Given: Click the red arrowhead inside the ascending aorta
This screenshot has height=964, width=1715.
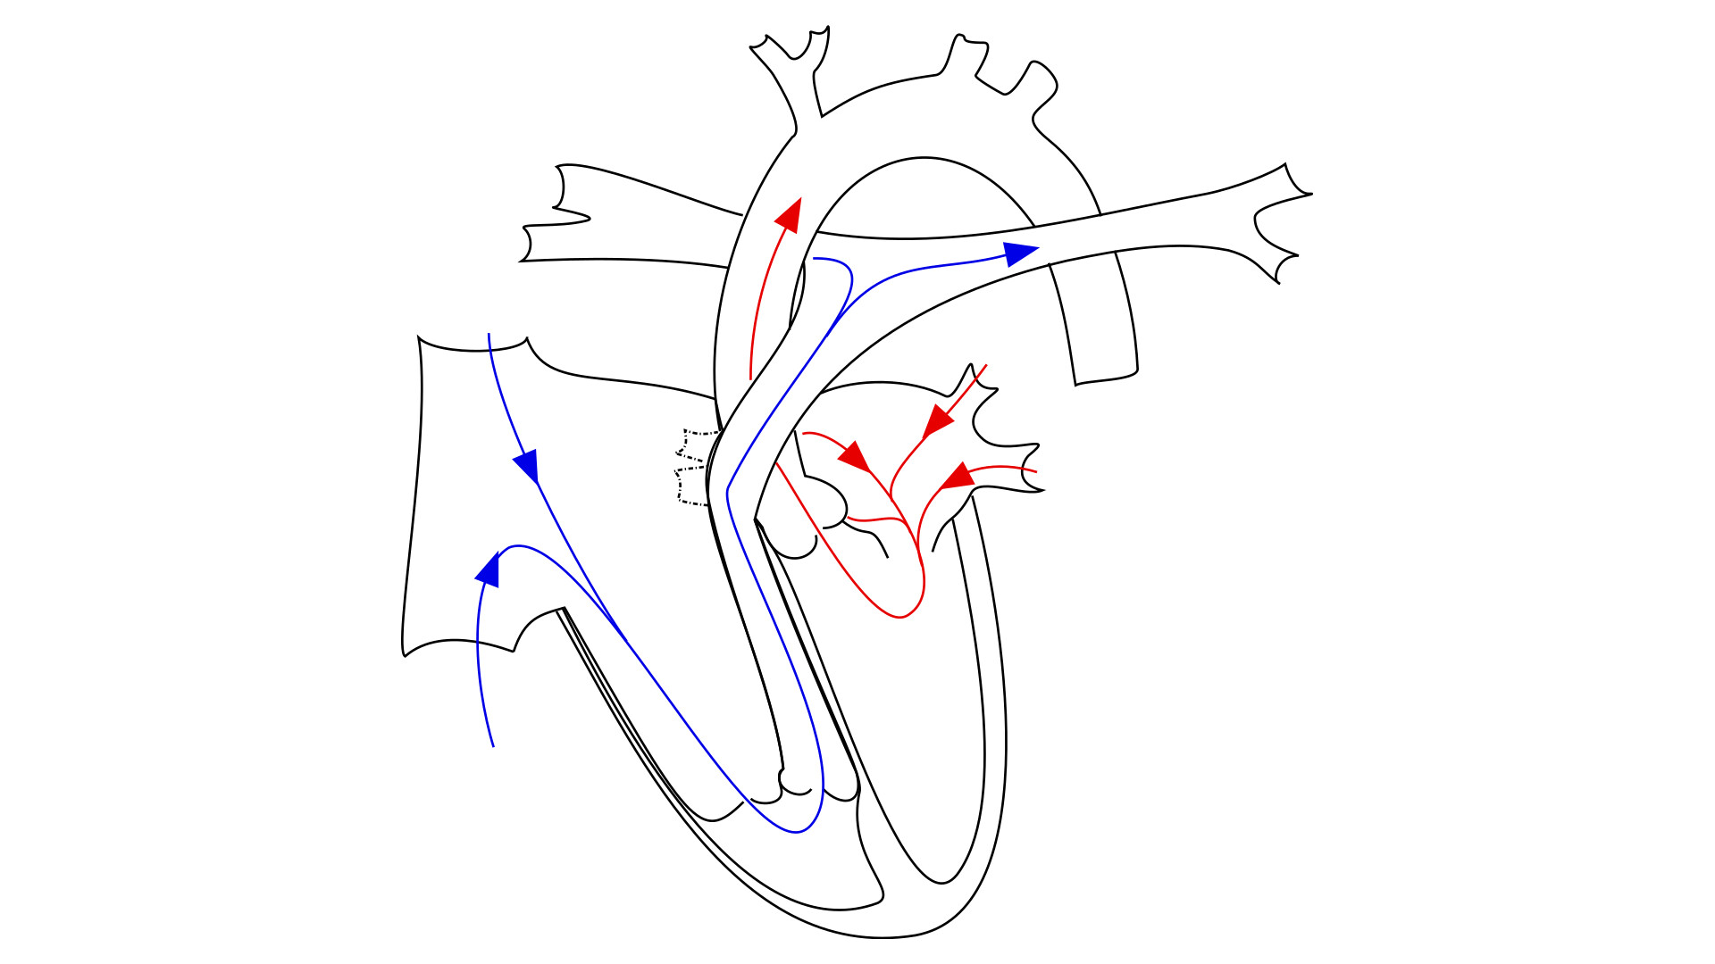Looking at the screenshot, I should [790, 215].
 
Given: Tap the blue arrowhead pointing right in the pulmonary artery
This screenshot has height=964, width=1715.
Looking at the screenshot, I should [1019, 253].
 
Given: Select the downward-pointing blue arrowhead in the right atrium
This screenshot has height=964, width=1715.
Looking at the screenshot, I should [527, 465].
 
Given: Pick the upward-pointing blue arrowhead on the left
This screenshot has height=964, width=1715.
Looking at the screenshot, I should [488, 569].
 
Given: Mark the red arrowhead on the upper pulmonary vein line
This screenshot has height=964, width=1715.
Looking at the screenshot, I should [938, 420].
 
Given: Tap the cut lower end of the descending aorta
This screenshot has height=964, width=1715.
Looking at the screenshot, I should [1106, 377].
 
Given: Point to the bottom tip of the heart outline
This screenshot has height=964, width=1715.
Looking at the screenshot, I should [884, 937].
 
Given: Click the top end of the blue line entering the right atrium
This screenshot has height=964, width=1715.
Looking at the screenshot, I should [489, 335].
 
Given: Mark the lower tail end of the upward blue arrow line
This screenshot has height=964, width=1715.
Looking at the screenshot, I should [493, 745].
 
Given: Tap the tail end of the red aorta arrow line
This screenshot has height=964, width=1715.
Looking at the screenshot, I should [750, 378].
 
